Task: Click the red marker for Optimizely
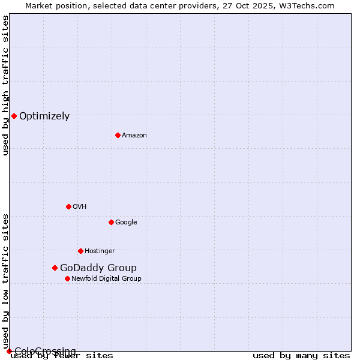(x=14, y=116)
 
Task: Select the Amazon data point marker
(x=118, y=135)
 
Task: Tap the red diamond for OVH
(x=68, y=206)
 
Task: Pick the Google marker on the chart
(x=111, y=222)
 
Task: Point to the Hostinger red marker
(x=80, y=251)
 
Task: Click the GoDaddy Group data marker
(x=55, y=268)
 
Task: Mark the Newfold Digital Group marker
(x=67, y=278)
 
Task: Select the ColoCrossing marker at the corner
(x=9, y=351)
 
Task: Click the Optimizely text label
(x=44, y=116)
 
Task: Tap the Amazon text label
(x=134, y=136)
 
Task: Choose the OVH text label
(x=80, y=207)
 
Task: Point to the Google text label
(x=126, y=223)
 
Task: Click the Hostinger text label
(x=100, y=251)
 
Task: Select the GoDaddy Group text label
(x=98, y=268)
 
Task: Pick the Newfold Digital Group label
(x=106, y=279)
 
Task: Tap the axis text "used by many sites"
(x=301, y=356)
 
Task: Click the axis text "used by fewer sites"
(x=62, y=356)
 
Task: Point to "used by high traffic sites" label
(x=6, y=85)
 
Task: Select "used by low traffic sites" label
(x=6, y=281)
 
